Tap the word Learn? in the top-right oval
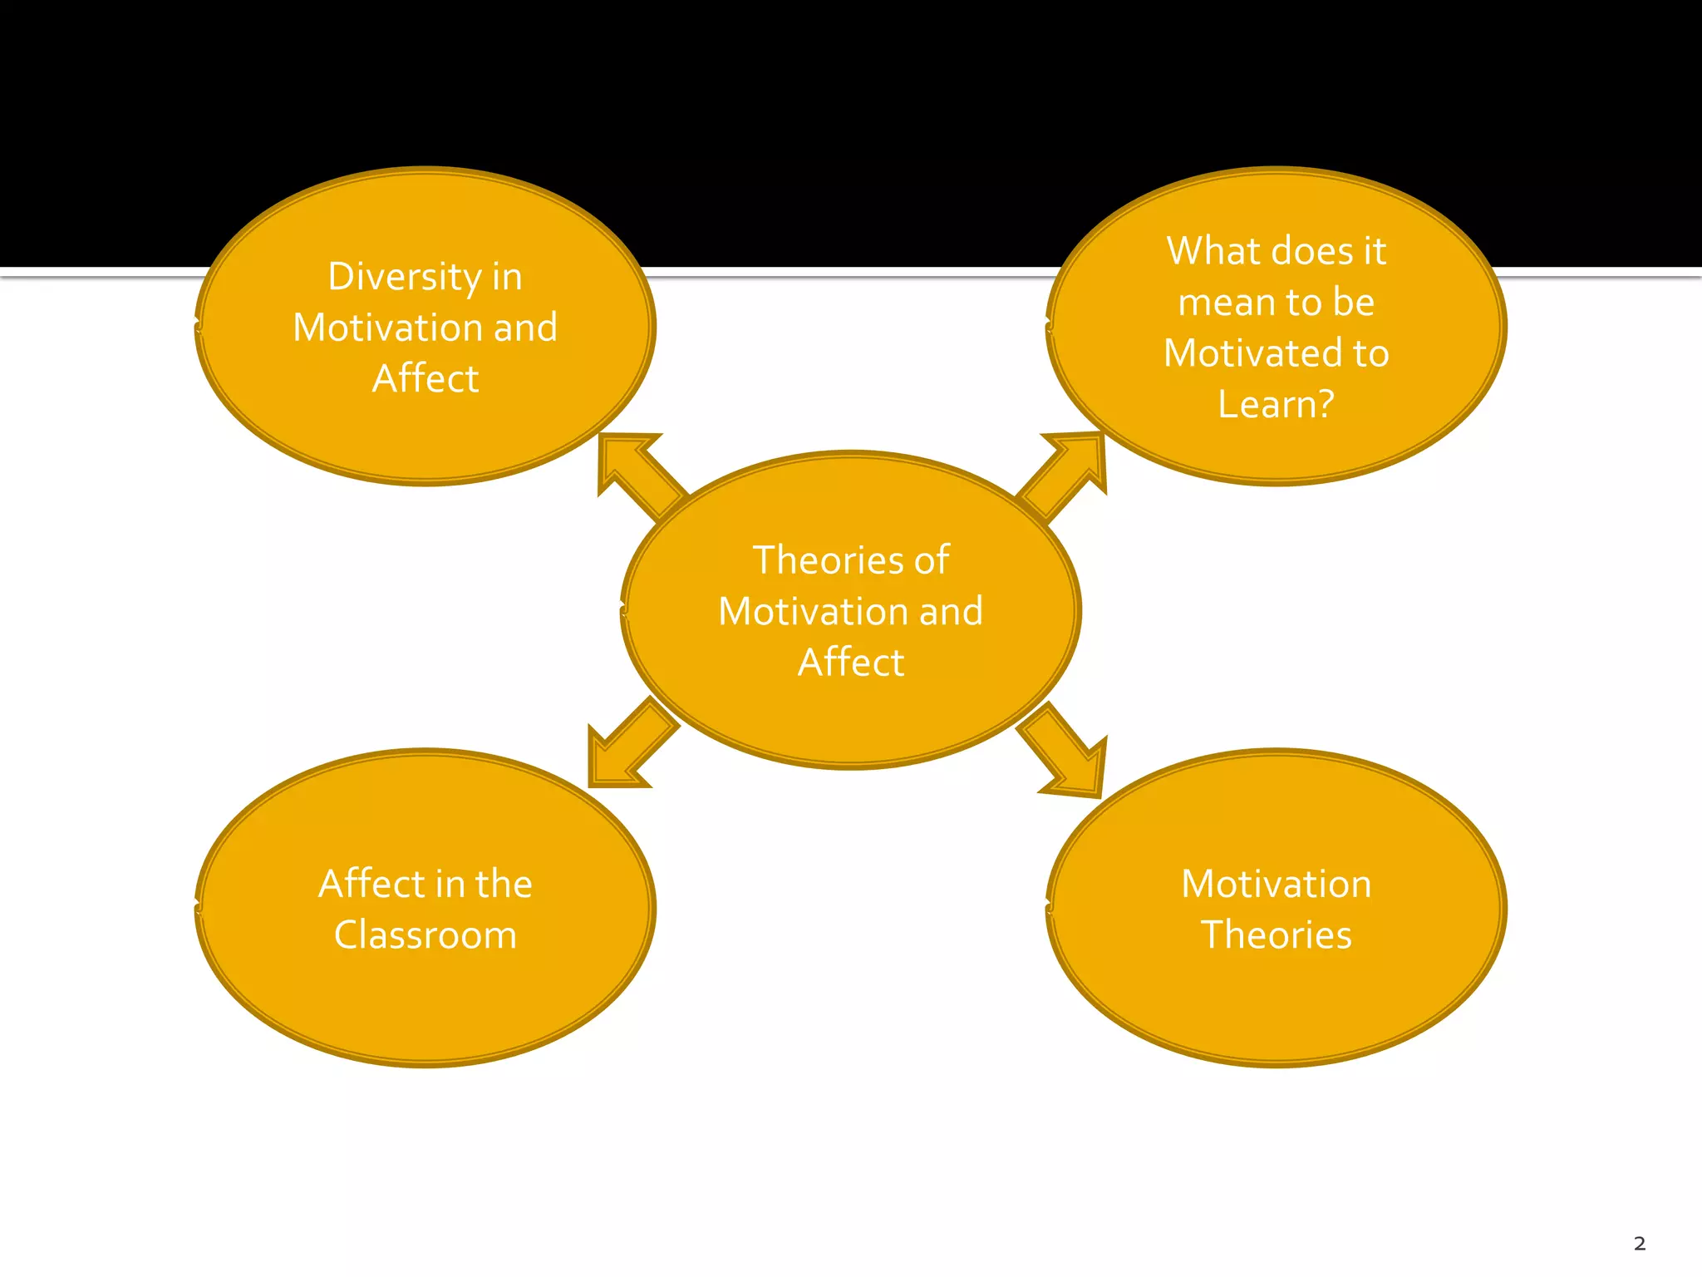pos(1276,405)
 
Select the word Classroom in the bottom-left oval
pos(425,935)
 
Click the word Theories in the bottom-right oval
pos(1276,935)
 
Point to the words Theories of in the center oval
pos(850,560)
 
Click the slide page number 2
pos(1639,1244)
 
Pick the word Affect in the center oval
pos(851,663)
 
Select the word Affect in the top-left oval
pos(425,379)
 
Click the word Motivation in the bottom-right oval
pos(1276,884)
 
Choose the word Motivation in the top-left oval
pos(387,328)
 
